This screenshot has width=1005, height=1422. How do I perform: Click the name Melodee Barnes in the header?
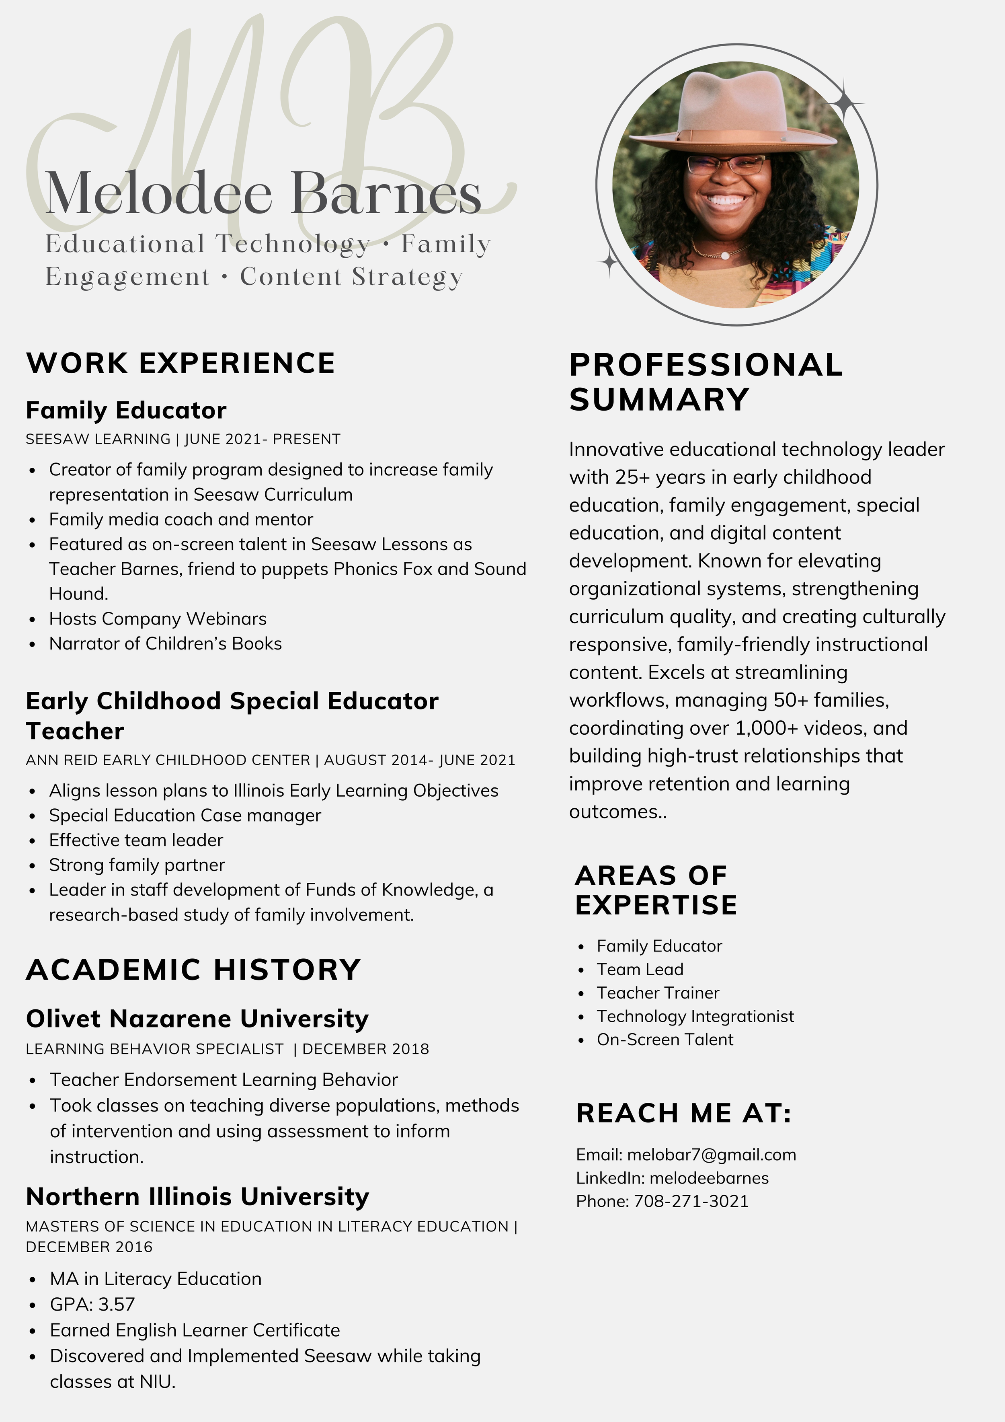click(x=263, y=194)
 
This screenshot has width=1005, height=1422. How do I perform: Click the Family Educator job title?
click(x=126, y=411)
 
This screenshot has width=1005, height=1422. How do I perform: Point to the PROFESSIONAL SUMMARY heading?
click(x=706, y=382)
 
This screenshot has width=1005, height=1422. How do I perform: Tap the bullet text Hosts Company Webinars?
click(x=158, y=619)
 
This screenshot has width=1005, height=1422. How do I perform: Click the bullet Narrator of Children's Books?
click(x=165, y=643)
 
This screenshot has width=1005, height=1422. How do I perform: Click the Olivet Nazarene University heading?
click(x=197, y=1019)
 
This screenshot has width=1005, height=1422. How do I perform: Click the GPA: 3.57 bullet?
click(x=92, y=1304)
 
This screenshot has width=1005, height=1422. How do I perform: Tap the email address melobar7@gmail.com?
click(x=712, y=1155)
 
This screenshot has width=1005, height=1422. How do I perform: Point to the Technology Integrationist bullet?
click(x=695, y=1016)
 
